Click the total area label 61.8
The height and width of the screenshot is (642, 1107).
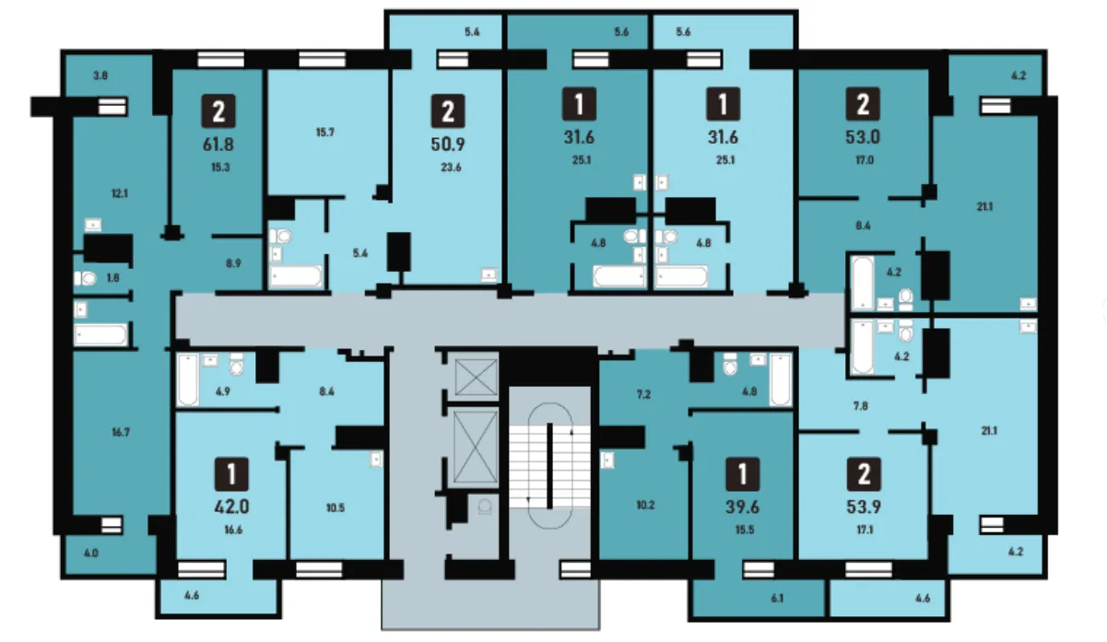(x=218, y=145)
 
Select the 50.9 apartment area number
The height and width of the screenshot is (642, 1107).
(x=448, y=145)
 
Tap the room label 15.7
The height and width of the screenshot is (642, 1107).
(x=324, y=133)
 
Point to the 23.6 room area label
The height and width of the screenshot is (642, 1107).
(x=451, y=168)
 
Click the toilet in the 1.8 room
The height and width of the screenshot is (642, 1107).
(x=85, y=278)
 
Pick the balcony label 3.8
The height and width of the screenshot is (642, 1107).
(x=100, y=76)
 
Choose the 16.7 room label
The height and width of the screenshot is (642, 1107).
(x=121, y=432)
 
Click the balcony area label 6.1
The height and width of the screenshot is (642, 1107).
(x=777, y=599)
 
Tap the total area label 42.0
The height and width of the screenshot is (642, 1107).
(x=231, y=507)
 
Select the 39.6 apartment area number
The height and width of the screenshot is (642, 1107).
(x=742, y=507)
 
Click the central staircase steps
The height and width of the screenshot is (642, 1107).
(x=549, y=466)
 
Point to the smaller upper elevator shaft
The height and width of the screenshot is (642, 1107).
(x=476, y=378)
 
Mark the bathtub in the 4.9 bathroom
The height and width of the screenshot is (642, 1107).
(x=188, y=379)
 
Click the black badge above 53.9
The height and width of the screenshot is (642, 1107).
(x=864, y=474)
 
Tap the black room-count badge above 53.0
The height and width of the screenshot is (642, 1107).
(x=863, y=104)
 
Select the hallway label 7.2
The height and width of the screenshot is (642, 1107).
(x=643, y=394)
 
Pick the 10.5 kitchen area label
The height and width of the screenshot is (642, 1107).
(x=336, y=508)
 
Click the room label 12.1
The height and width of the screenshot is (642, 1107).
(x=120, y=193)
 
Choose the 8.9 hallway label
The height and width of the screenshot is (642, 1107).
(x=233, y=263)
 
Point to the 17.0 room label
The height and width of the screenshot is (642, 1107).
(x=865, y=160)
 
